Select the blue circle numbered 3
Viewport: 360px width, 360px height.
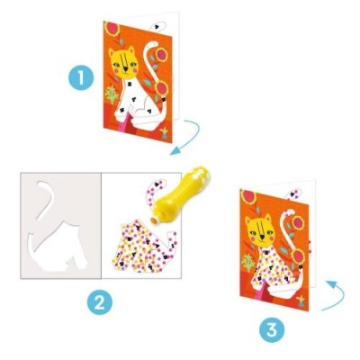(270, 330)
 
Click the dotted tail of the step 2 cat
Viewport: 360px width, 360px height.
(153, 193)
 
